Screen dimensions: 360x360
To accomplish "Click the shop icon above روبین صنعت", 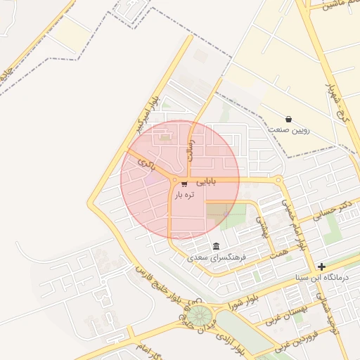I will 288,119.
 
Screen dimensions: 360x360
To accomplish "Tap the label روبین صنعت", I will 289,130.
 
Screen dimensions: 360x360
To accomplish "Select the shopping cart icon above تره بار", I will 184,184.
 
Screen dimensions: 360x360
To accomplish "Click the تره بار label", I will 184,195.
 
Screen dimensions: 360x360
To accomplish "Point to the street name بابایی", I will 206,181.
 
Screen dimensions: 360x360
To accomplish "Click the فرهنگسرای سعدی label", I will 216,258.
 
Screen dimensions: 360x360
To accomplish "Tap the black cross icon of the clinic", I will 321,266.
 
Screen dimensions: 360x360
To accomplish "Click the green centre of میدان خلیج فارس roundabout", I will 199,314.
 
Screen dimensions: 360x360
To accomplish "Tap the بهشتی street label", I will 260,225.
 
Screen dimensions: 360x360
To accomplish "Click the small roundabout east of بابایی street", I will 279,180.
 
